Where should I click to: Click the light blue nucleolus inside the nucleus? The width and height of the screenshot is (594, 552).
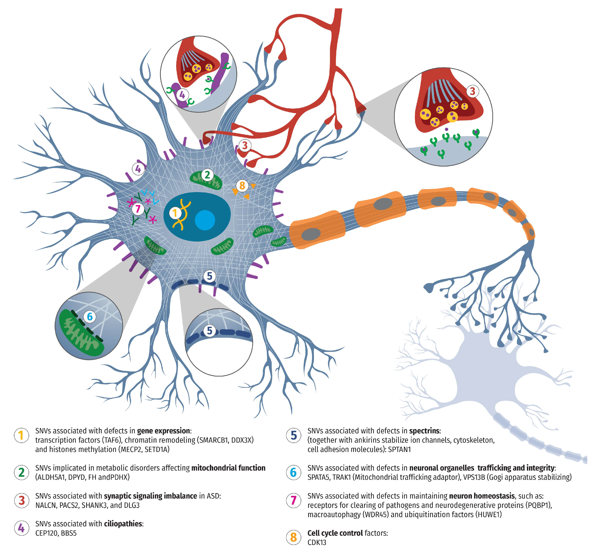205,220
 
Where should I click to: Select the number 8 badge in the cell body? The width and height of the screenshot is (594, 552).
242,186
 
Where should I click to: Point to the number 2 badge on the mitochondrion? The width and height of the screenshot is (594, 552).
207,175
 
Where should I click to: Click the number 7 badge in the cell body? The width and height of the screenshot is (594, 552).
138,209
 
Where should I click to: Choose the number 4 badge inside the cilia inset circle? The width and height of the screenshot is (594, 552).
182,95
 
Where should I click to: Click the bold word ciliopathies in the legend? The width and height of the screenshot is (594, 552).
123,524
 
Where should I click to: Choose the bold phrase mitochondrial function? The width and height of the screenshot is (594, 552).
228,468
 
